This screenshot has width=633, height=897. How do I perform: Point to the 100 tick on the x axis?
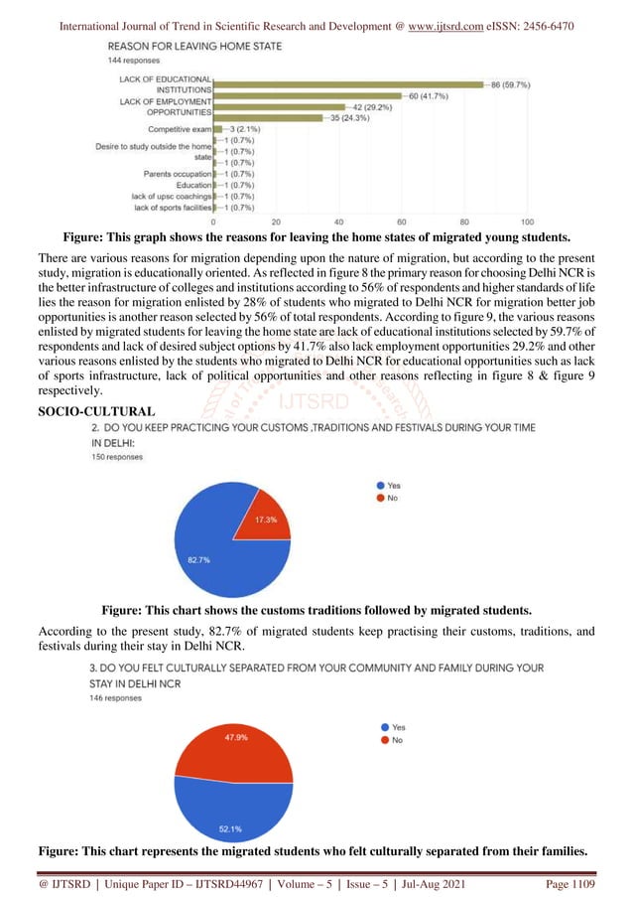[x=527, y=222]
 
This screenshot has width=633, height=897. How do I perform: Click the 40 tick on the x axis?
[x=339, y=222]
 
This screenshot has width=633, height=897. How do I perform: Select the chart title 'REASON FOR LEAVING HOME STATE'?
[x=193, y=47]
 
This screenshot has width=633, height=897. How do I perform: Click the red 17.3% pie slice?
[x=260, y=521]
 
